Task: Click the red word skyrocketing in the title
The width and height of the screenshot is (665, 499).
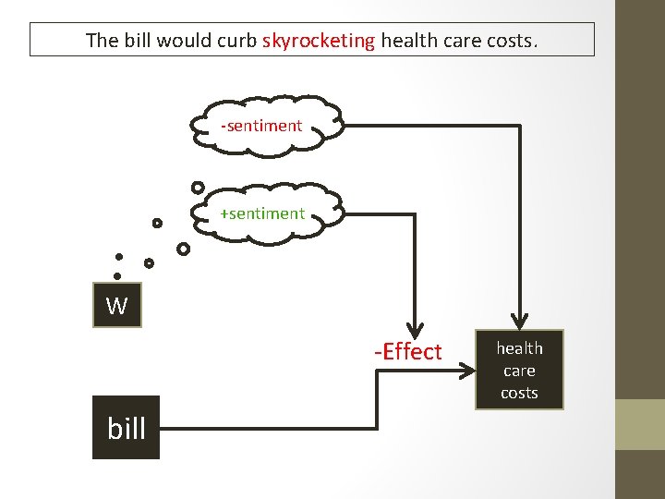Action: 319,41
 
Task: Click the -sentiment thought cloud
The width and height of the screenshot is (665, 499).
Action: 262,126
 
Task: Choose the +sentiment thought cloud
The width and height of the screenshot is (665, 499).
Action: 264,213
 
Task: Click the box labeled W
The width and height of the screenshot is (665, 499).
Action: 116,306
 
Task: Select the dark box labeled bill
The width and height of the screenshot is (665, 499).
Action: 126,428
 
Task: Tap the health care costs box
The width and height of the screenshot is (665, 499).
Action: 519,371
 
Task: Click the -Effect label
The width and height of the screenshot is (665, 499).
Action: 408,352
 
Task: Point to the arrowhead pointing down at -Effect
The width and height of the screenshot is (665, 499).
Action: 415,330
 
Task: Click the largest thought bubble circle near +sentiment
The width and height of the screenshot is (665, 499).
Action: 198,188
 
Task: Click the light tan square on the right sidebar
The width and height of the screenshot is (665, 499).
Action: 640,424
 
